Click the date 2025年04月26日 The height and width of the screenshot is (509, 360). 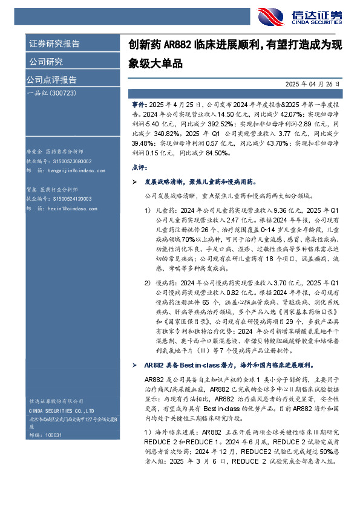[x=315, y=86]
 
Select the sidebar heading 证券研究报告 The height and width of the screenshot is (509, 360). [x=54, y=44]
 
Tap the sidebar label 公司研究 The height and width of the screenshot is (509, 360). [x=45, y=62]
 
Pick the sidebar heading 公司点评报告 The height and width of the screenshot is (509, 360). [x=51, y=80]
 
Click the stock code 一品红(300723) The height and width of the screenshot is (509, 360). [x=51, y=93]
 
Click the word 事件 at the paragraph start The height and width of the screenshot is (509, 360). [x=139, y=104]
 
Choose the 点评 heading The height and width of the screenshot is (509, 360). [x=138, y=167]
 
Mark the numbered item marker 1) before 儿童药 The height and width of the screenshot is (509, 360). [x=148, y=210]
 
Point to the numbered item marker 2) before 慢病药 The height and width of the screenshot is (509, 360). [x=148, y=282]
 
